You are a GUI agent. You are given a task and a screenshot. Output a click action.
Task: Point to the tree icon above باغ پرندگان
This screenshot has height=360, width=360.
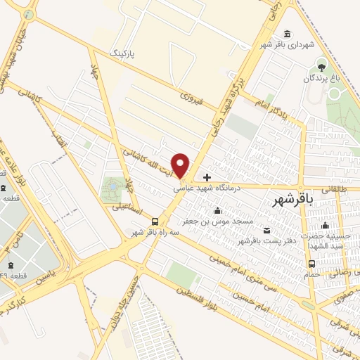click(x=322, y=67)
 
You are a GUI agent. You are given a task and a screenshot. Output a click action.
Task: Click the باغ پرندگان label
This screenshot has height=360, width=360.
click(x=322, y=79)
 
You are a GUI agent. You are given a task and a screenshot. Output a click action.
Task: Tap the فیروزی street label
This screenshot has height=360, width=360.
click(x=191, y=97)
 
